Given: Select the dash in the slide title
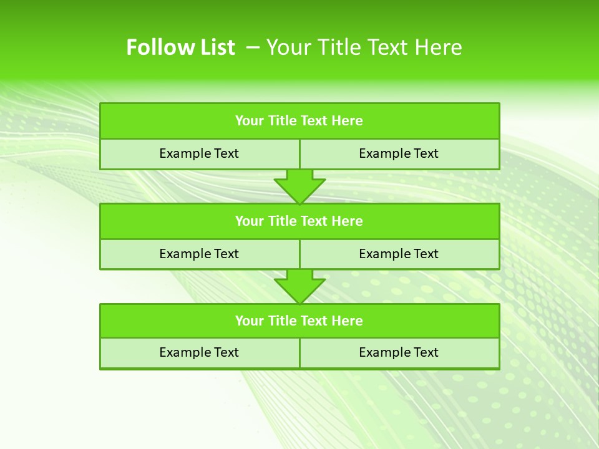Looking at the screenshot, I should [x=253, y=47].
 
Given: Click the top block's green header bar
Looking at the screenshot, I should [x=299, y=121].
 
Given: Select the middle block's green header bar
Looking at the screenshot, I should [x=299, y=221].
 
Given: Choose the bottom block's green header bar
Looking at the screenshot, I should [x=299, y=321].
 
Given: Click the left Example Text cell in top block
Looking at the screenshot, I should [x=200, y=154].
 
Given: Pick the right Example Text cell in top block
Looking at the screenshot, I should [x=399, y=154].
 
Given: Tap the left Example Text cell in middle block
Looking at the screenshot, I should [x=200, y=254].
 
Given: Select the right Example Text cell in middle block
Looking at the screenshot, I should [x=399, y=254].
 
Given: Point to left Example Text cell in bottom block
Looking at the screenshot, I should [x=200, y=353].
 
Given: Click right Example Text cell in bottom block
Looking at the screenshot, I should [x=399, y=353].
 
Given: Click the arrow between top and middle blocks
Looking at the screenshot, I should [x=299, y=186].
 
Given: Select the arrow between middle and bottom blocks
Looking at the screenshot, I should [x=299, y=286].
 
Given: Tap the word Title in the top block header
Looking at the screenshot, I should [x=282, y=121].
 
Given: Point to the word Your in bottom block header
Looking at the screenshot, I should [x=250, y=321].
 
